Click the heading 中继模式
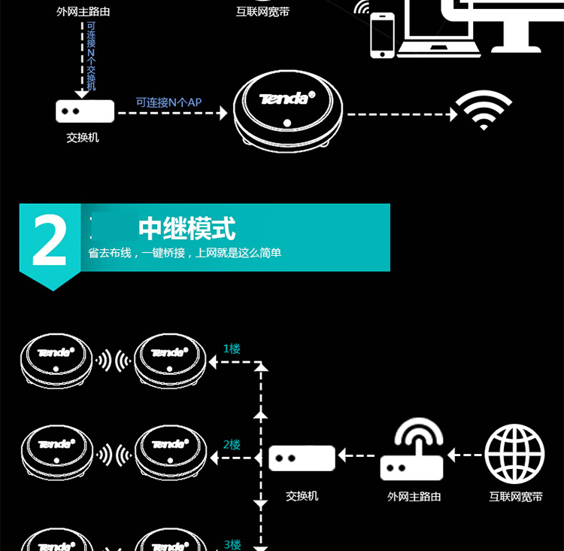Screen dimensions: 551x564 [x=187, y=227]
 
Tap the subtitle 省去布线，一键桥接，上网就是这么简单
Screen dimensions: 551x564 [x=184, y=253]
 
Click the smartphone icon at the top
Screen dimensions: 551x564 [x=382, y=36]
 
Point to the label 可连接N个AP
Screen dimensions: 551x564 [x=168, y=102]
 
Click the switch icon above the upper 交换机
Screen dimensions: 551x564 [x=85, y=111]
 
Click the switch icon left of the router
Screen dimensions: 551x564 [x=302, y=458]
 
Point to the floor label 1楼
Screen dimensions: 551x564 [x=232, y=349]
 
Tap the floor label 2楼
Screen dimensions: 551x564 [x=232, y=445]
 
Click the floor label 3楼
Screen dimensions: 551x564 [x=232, y=544]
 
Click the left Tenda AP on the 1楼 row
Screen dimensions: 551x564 [x=56, y=358]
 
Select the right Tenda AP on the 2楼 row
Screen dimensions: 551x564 [x=169, y=452]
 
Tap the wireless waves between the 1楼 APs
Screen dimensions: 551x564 [x=113, y=361]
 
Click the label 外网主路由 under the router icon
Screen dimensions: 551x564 [x=414, y=497]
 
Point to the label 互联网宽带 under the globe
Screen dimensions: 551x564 [x=515, y=497]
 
